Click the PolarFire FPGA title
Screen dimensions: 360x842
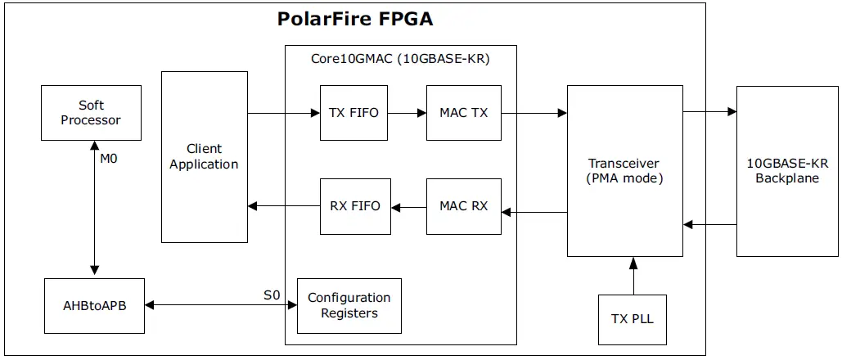coord(356,20)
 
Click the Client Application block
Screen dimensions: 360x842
coord(204,156)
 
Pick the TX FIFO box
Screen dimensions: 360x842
coord(353,113)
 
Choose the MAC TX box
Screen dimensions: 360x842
coord(463,113)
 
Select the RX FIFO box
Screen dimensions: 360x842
coord(354,205)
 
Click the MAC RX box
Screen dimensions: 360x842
coord(463,205)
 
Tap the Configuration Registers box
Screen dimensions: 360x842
coord(349,305)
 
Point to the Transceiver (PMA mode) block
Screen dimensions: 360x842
coord(624,170)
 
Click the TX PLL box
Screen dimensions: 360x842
coord(633,318)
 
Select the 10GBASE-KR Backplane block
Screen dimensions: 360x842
coord(786,170)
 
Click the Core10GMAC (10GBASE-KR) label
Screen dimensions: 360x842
coord(400,59)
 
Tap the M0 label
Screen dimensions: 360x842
coord(108,159)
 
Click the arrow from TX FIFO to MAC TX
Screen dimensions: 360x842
coord(407,113)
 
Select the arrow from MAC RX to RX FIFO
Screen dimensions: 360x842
coord(408,205)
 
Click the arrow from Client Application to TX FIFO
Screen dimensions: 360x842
coord(283,113)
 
